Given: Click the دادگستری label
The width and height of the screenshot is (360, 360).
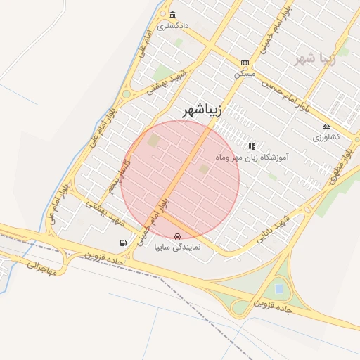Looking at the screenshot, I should coord(173,26).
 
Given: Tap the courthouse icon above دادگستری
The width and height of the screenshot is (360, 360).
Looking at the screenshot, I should coord(172,15).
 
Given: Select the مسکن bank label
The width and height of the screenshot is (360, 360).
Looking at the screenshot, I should coord(244,72).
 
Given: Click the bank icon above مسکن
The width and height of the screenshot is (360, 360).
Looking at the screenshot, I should coord(244,62).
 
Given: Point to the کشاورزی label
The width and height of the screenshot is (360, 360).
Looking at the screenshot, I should coord(326,136).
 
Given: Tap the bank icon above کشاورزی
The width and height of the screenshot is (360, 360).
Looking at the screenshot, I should coord(326,125).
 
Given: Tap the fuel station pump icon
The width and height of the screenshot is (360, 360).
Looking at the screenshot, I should coord(124,243).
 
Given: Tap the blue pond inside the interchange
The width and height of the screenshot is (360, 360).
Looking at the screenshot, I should coord(279,288).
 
